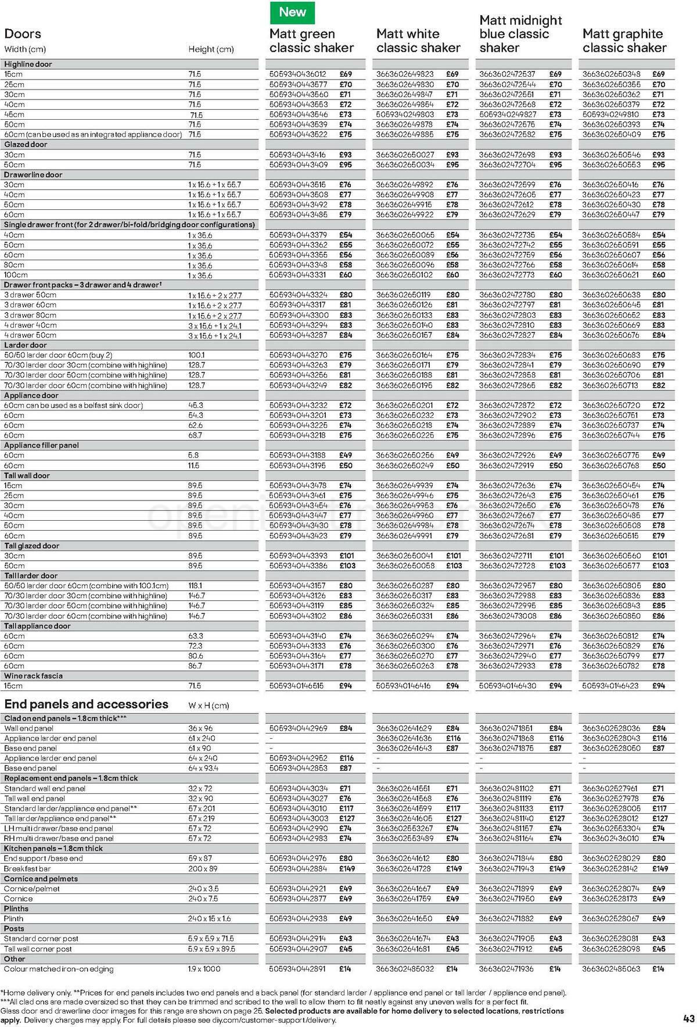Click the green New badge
click(x=292, y=12)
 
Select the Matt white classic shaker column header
click(x=418, y=41)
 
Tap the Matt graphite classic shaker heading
click(x=624, y=41)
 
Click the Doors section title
click(x=23, y=34)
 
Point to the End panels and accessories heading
click(x=86, y=704)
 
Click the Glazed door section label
click(x=26, y=144)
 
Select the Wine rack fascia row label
click(x=33, y=676)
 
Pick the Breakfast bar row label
click(x=27, y=868)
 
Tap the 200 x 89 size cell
click(x=203, y=868)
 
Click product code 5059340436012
click(x=298, y=74)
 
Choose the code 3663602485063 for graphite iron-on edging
click(x=611, y=969)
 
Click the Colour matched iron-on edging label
click(x=59, y=969)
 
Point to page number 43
click(x=689, y=1018)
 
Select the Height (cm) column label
click(x=211, y=49)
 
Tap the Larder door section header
click(x=26, y=345)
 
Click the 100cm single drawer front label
click(x=16, y=275)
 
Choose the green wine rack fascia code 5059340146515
click(x=298, y=686)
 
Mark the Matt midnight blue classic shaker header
click(x=520, y=34)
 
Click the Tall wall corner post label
click(x=38, y=949)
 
